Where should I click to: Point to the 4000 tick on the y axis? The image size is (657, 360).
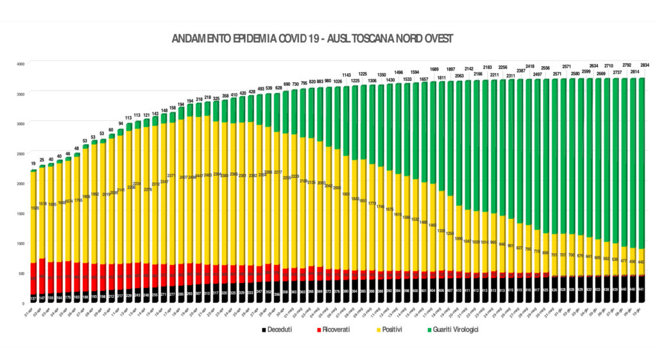(x=20, y=64)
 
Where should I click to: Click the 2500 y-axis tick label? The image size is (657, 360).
(x=20, y=153)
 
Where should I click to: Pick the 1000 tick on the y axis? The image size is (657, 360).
(x=20, y=243)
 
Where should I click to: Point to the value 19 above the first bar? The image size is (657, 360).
(x=33, y=164)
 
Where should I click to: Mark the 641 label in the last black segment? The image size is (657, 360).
(x=640, y=289)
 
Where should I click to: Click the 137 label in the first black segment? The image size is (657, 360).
(x=33, y=298)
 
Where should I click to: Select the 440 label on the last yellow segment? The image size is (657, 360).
(x=640, y=261)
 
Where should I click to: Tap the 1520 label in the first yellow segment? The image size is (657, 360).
(x=33, y=208)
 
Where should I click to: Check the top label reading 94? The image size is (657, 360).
(x=121, y=123)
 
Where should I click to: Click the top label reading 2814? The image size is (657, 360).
(x=632, y=72)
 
